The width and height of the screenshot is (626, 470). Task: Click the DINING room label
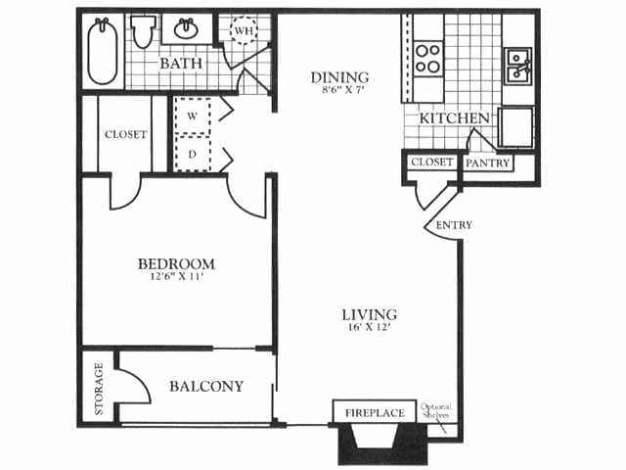[x=339, y=77]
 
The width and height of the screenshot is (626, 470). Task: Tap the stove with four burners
[x=427, y=58]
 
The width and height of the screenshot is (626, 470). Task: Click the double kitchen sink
[x=517, y=66]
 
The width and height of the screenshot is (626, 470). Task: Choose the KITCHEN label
[x=454, y=118]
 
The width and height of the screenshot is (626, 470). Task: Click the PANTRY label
[x=487, y=164]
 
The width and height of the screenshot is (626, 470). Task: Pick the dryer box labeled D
[x=193, y=154]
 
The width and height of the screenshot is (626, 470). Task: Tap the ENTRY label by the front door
[x=454, y=225]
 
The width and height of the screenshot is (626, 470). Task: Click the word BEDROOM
[x=176, y=264]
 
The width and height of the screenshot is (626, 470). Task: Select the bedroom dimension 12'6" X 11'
[x=176, y=278]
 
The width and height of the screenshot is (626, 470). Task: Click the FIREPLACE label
[x=375, y=413]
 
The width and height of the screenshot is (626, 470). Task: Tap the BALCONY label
[x=206, y=387]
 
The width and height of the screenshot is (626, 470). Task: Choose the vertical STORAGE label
[x=99, y=390]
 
